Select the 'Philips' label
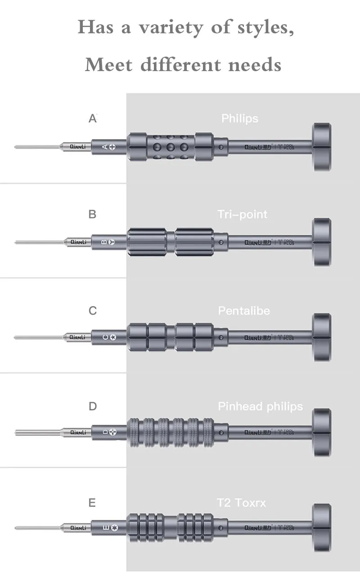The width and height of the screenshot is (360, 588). coord(240,118)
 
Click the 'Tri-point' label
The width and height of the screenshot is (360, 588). coord(243,214)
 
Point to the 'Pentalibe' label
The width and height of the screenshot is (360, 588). coord(244,310)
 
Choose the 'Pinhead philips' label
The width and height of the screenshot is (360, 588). coord(260,406)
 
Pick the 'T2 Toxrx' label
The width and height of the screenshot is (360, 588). coord(241,502)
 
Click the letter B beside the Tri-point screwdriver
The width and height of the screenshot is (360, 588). coord(92,214)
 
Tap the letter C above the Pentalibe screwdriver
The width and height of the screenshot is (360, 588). coord(93,310)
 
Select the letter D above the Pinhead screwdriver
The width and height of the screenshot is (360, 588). coord(93,406)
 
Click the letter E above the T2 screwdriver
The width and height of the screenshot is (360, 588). coord(92,503)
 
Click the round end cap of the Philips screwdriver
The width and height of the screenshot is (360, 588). coord(322,147)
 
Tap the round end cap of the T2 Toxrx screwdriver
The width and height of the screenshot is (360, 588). coord(322,527)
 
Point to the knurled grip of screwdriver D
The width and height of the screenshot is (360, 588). coord(171,432)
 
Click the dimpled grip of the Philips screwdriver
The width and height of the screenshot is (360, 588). coord(171,147)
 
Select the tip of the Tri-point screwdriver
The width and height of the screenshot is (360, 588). coord(17,242)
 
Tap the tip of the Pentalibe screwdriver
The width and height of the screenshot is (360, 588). coord(17,337)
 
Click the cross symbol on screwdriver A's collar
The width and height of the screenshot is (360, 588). coord(112,147)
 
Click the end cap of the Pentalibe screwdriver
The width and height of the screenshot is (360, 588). coord(322,337)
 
